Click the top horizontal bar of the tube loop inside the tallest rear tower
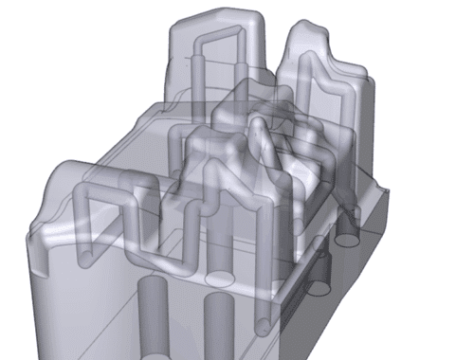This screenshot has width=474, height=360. pos(216,41)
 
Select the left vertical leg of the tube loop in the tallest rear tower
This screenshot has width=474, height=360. pos(197,71)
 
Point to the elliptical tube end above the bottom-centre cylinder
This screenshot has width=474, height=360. pos(220,280)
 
